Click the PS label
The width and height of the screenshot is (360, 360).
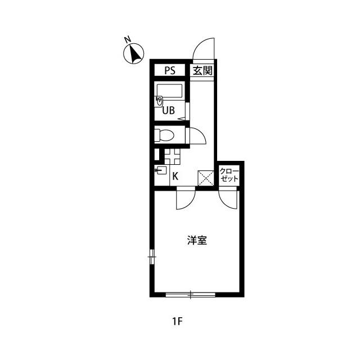(170, 70)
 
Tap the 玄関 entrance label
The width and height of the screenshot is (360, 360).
(202, 70)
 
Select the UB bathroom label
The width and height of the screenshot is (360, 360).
(169, 110)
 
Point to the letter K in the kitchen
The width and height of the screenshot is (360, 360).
(175, 176)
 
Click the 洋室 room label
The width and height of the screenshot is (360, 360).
(197, 240)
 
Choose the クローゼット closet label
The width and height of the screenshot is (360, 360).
(229, 175)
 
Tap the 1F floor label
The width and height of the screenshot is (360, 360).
(177, 322)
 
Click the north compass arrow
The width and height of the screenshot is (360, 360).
(135, 55)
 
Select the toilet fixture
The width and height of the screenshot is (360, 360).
(164, 135)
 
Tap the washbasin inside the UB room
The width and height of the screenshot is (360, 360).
(159, 101)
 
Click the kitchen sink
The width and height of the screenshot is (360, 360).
(162, 170)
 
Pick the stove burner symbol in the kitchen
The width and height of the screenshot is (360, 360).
(172, 157)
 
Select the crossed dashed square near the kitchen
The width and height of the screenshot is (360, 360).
(206, 178)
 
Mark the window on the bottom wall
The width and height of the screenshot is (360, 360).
(190, 295)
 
